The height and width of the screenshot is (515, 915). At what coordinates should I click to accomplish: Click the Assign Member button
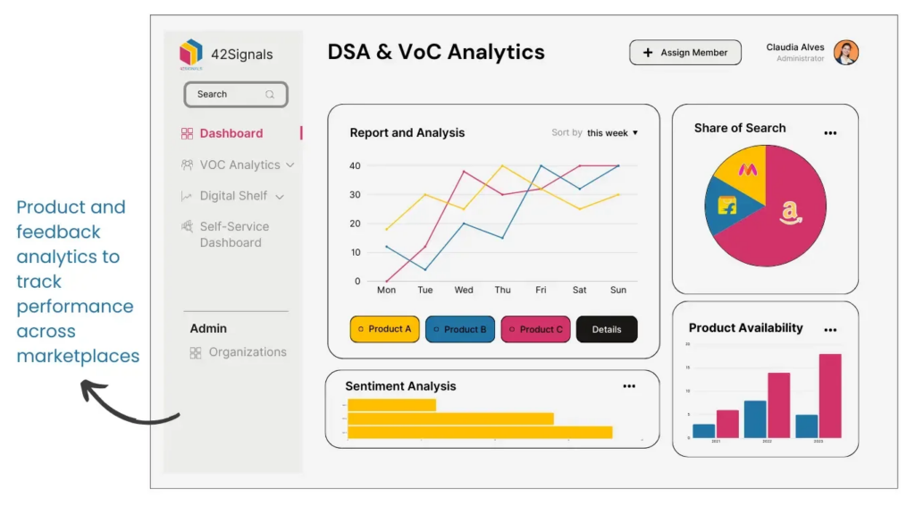tap(685, 53)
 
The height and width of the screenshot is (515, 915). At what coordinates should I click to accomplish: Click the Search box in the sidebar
tap(236, 94)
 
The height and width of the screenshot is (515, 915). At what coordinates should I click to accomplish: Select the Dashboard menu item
tap(231, 133)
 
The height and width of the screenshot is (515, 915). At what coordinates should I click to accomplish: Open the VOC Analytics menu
tap(239, 165)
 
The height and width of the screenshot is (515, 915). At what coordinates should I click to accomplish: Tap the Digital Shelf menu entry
tap(233, 196)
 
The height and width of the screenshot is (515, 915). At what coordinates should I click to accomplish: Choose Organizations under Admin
tap(247, 352)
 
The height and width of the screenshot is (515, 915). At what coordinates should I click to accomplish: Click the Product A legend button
tap(385, 329)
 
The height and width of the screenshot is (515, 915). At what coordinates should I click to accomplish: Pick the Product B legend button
tap(460, 329)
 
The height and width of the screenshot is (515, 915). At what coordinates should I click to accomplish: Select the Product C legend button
tap(536, 329)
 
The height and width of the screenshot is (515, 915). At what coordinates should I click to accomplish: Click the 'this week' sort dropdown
tap(612, 133)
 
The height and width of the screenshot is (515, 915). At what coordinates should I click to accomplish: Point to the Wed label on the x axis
tap(464, 290)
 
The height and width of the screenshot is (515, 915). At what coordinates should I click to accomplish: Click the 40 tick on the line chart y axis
tap(355, 165)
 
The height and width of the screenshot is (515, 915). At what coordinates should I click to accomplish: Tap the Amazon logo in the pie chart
tap(790, 212)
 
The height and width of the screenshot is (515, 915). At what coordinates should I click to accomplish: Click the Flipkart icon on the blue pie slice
tap(727, 205)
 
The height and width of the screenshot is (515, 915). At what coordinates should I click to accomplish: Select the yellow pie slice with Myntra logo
tap(748, 169)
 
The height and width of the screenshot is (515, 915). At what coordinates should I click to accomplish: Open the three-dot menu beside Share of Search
tap(830, 133)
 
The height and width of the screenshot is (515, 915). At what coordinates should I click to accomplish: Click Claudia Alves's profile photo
tap(845, 53)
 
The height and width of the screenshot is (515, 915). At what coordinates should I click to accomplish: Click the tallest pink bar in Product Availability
tap(830, 395)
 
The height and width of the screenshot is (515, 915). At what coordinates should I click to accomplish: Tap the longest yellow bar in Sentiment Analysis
tap(480, 433)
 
